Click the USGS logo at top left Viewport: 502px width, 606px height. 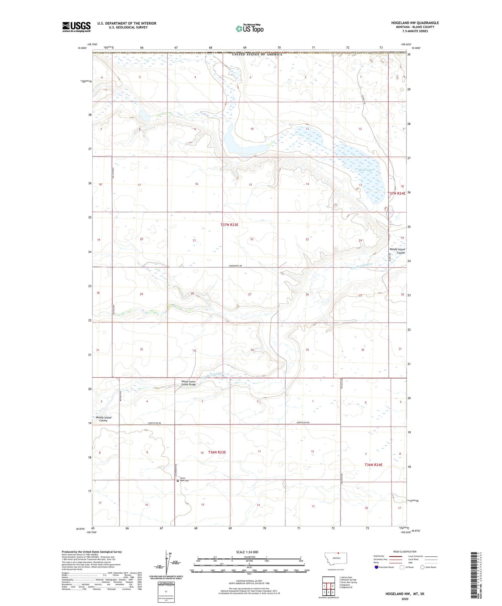(76, 27)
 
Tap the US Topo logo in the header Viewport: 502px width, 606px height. (249, 28)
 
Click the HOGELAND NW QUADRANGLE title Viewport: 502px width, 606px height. (415, 23)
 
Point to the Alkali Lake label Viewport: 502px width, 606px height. (364, 170)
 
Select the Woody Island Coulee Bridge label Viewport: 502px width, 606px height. (189, 383)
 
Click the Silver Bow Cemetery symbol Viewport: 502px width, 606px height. (178, 481)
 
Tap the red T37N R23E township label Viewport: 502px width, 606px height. (229, 225)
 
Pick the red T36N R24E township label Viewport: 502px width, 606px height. (373, 465)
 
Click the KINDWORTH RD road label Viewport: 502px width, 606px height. (235, 266)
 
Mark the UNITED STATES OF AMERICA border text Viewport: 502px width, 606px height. (257, 54)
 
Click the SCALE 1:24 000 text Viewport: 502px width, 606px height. (247, 552)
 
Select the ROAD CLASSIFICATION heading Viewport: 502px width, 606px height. (405, 552)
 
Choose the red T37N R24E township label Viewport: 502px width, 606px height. (396, 193)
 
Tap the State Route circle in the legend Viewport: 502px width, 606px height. (422, 567)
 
